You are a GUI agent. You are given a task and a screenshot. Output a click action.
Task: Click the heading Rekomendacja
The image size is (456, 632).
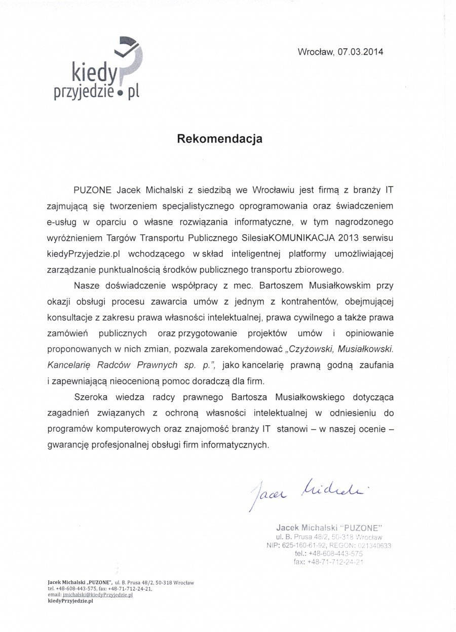[219, 139]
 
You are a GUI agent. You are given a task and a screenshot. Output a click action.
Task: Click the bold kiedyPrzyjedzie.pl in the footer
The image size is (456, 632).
[70, 601]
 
